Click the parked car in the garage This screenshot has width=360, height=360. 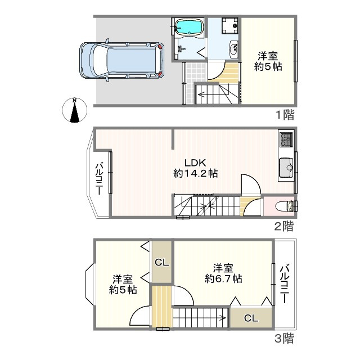click(121, 60)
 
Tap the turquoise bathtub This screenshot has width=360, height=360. click(189, 26)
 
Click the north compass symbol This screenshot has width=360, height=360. click(75, 110)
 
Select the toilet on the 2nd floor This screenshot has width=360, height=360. click(286, 206)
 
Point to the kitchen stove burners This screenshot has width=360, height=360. click(286, 140)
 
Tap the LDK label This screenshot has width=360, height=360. click(195, 163)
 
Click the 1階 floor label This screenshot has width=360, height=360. click(285, 115)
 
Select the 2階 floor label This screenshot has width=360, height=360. click(284, 226)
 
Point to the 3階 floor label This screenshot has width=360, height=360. click(284, 338)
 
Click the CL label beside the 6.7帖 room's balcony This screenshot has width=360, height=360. click(251, 318)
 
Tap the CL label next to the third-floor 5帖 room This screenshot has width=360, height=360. click(161, 262)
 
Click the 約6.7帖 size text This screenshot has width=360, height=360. click(223, 279)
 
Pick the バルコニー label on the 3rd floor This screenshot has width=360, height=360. click(285, 284)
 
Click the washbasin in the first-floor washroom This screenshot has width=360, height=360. click(234, 49)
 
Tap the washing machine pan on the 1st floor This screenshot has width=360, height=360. click(229, 25)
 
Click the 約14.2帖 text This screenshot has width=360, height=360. click(195, 174)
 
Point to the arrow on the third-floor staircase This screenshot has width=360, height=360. click(199, 318)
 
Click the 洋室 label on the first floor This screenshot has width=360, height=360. click(268, 56)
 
